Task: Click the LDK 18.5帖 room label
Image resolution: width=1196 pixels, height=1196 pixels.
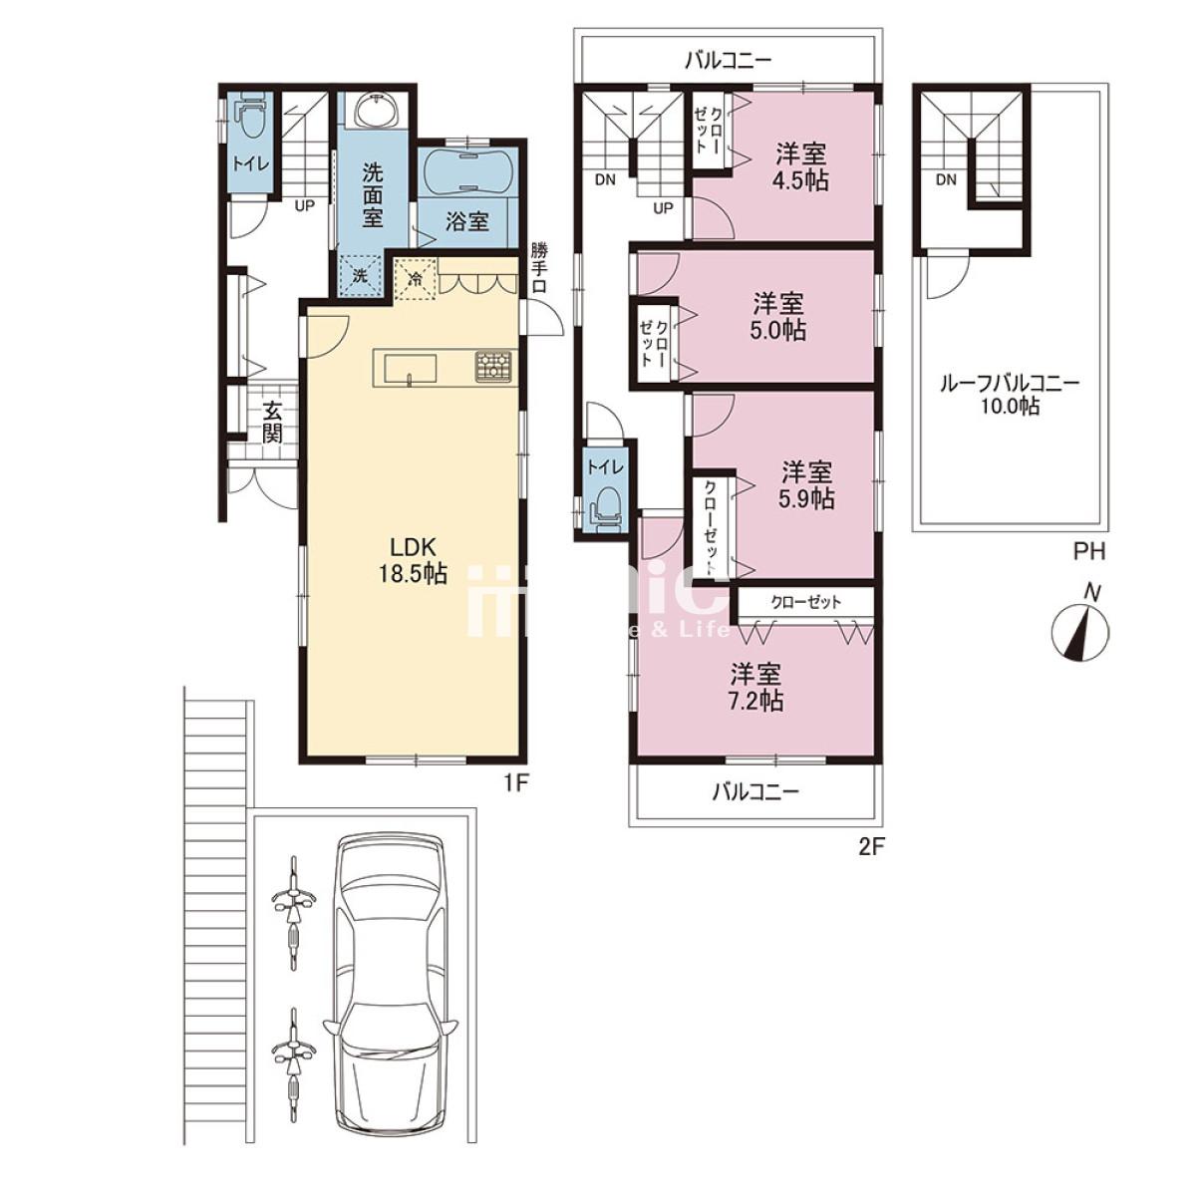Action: pyautogui.click(x=413, y=560)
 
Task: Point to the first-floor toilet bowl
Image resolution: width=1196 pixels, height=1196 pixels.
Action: pyautogui.click(x=251, y=121)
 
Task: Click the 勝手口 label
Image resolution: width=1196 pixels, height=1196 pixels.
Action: pyautogui.click(x=539, y=268)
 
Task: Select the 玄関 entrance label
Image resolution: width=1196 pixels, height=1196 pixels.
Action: pyautogui.click(x=271, y=422)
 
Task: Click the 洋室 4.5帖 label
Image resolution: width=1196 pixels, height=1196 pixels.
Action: pyautogui.click(x=801, y=166)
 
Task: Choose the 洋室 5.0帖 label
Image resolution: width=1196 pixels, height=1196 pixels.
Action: pyautogui.click(x=779, y=317)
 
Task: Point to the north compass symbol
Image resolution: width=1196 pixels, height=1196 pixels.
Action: pyautogui.click(x=1080, y=630)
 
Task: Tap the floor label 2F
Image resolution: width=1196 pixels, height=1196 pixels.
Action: pyautogui.click(x=870, y=847)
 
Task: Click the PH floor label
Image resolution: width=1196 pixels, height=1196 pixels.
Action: pyautogui.click(x=1089, y=552)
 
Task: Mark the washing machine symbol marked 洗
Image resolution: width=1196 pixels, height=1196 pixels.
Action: pyautogui.click(x=361, y=276)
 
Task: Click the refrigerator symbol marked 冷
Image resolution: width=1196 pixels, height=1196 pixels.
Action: pyautogui.click(x=416, y=277)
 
